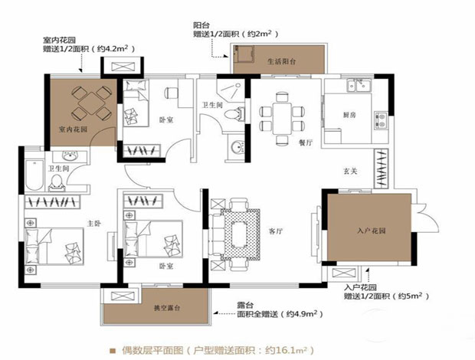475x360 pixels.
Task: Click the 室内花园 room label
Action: [73, 129]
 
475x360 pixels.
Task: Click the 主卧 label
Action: [94, 223]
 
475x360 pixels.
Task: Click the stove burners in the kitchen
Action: [381, 119]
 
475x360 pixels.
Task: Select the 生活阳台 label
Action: [280, 61]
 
